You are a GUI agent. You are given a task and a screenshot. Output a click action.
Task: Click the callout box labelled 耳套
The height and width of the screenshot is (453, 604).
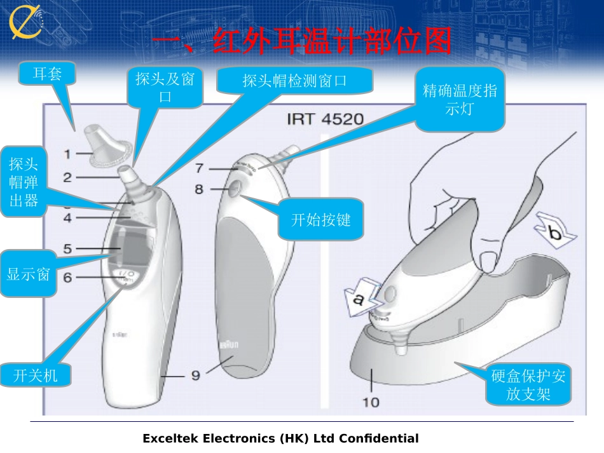[x=48, y=74]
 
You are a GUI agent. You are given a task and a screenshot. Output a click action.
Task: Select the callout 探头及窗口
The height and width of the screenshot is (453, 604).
[x=165, y=87]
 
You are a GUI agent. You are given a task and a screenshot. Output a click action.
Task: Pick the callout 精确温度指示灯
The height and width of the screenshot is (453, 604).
[x=460, y=99]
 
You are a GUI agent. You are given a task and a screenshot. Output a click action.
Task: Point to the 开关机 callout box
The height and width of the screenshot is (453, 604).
[x=36, y=375]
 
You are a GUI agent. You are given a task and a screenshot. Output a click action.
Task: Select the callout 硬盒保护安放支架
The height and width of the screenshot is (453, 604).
[x=528, y=385]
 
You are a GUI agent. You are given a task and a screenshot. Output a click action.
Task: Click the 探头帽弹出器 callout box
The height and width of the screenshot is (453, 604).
[x=24, y=182]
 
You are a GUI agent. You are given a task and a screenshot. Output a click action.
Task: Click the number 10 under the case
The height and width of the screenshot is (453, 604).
[x=370, y=402]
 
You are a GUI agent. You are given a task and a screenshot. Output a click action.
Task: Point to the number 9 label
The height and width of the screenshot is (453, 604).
[x=196, y=375]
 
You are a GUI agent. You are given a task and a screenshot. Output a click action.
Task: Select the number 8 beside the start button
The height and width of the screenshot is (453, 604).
[x=199, y=189]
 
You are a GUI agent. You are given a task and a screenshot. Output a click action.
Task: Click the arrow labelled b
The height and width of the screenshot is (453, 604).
[x=554, y=233]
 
